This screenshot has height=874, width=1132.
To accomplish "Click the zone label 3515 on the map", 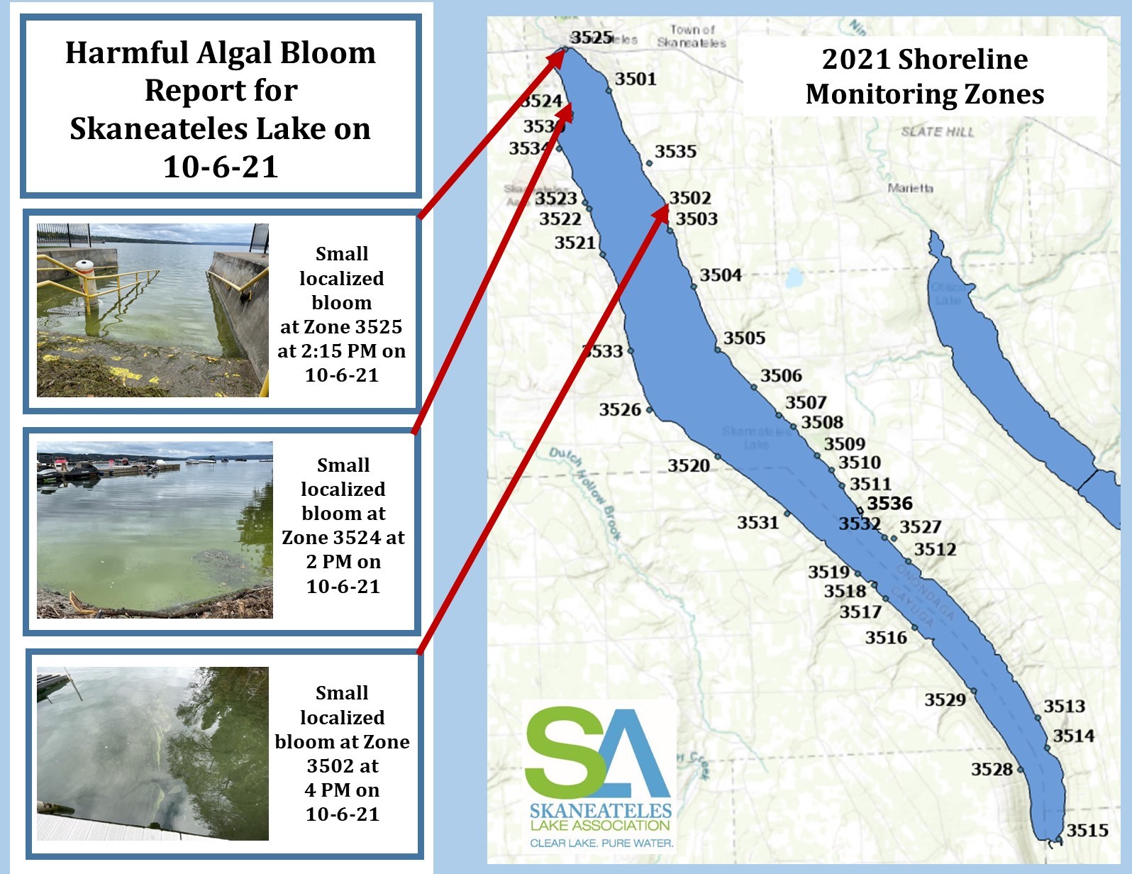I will tap(1087, 830).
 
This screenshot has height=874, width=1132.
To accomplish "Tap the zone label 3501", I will tap(636, 79).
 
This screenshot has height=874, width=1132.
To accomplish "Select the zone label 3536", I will tap(889, 504).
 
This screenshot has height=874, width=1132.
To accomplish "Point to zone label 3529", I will tap(945, 700).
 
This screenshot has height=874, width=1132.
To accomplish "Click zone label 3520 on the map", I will tap(688, 465).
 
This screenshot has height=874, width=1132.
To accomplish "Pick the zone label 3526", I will tap(619, 409).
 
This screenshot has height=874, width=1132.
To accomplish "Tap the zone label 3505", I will tap(744, 338).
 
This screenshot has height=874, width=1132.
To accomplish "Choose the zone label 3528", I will tap(992, 769).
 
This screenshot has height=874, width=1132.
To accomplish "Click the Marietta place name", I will tap(910, 188).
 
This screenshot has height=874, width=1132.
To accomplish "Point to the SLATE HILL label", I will tap(937, 131).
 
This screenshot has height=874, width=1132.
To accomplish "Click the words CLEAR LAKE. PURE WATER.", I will tap(601, 843).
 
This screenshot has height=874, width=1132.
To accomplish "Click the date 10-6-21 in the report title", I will tap(221, 167).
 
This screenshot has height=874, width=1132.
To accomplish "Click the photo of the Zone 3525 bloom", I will tap(152, 310).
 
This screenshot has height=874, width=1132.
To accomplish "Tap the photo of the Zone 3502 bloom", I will tap(152, 753).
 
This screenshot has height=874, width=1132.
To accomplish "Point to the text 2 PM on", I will tap(343, 562).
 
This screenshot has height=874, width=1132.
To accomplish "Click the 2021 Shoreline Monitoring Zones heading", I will tap(924, 77).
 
